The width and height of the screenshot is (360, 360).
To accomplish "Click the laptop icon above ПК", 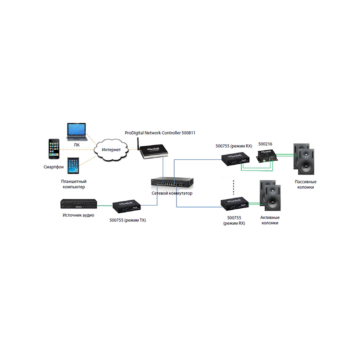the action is click(x=77, y=132).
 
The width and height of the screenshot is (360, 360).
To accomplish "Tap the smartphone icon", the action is click(x=54, y=149).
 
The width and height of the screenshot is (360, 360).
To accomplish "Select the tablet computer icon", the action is click(x=73, y=166).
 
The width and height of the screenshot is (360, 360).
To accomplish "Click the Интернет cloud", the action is click(x=111, y=150).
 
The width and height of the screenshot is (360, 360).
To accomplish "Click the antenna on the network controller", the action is click(x=139, y=144).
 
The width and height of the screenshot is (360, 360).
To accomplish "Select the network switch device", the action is click(x=172, y=182).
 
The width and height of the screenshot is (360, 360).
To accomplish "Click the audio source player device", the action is click(x=79, y=204).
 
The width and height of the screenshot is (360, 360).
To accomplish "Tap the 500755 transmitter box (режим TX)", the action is click(x=126, y=206).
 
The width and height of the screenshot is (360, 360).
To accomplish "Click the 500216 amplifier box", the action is click(x=266, y=156).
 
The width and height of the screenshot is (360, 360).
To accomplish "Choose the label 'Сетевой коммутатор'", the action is click(x=172, y=193).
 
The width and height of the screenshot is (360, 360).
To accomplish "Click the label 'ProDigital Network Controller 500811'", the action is click(x=160, y=133).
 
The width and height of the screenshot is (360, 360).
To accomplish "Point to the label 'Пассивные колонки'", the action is click(x=306, y=184).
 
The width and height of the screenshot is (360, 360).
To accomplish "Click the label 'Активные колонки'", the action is click(x=270, y=220).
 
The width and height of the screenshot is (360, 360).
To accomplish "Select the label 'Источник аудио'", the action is click(x=78, y=215).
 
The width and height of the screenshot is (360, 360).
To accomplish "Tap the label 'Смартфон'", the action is click(x=54, y=167).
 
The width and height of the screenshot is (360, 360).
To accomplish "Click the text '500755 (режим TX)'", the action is click(x=128, y=220).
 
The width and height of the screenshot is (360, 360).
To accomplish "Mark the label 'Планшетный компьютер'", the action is click(x=74, y=184).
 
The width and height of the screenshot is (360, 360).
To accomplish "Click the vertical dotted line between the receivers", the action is click(x=234, y=187).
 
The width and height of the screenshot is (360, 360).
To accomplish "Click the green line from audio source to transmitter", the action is click(x=105, y=206).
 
